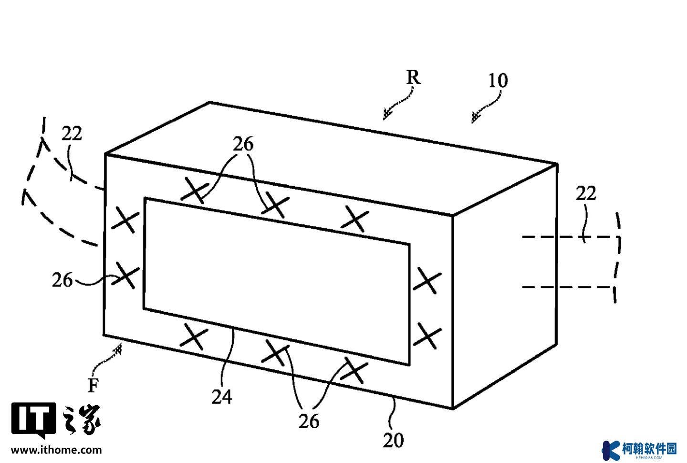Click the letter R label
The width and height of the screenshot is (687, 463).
[x=414, y=77]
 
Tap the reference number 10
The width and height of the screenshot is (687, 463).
[x=498, y=81]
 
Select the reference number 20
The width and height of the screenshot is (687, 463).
[x=393, y=441]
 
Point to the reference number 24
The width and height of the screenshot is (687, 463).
[x=222, y=397]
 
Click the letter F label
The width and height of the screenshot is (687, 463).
[x=93, y=385]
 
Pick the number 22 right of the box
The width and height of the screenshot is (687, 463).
[x=586, y=194]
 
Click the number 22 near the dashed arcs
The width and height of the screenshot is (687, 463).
[x=72, y=134]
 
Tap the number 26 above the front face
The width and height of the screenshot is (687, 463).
[x=243, y=144]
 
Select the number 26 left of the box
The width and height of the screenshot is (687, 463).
[x=62, y=280]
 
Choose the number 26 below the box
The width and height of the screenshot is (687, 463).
[x=309, y=421]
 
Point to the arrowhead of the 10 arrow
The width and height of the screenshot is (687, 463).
[x=475, y=118]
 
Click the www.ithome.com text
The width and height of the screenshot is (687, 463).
[x=56, y=450]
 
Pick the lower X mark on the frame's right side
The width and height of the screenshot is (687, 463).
[x=427, y=336]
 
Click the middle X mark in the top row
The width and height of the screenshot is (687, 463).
[x=275, y=205]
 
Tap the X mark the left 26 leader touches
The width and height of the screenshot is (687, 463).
[x=125, y=275]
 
